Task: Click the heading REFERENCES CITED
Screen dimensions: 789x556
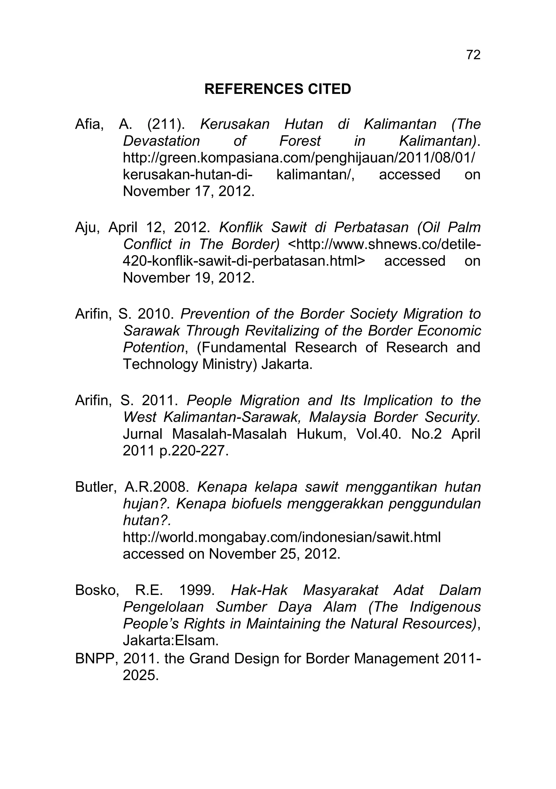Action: pos(278,89)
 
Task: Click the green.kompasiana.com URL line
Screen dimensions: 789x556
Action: pos(299,158)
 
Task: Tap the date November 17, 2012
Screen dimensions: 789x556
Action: pos(189,191)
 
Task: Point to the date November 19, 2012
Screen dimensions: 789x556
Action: pos(189,278)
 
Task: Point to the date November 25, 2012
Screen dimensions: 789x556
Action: pos(274,554)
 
